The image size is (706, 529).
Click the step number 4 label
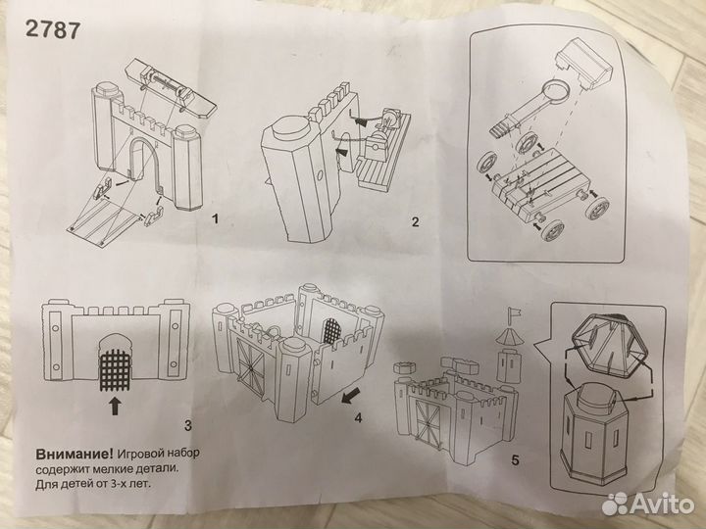click(358, 418)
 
